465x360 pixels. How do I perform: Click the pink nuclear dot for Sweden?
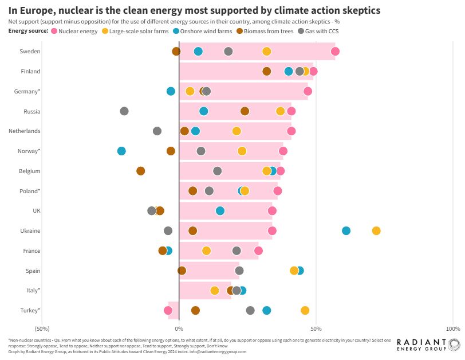point(335,52)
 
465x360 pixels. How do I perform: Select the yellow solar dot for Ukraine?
point(376,230)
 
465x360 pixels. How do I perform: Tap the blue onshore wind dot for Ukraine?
point(346,230)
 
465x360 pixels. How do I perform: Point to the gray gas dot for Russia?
point(124,111)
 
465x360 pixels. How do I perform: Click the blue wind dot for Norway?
point(121,151)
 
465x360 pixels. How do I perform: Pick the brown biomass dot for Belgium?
point(141,171)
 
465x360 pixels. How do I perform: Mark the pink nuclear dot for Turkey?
point(168,310)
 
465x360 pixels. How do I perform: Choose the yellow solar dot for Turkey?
point(305,310)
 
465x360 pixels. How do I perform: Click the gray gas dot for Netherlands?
point(157,131)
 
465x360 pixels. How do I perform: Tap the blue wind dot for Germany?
point(171,91)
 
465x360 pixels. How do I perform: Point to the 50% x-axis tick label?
point(316,328)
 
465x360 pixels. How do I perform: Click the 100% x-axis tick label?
point(452,328)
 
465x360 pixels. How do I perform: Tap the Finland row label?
point(30,72)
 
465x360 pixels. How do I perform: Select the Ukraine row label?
point(30,230)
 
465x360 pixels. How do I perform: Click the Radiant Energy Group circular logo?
point(454,345)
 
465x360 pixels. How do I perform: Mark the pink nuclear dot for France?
point(258,251)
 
